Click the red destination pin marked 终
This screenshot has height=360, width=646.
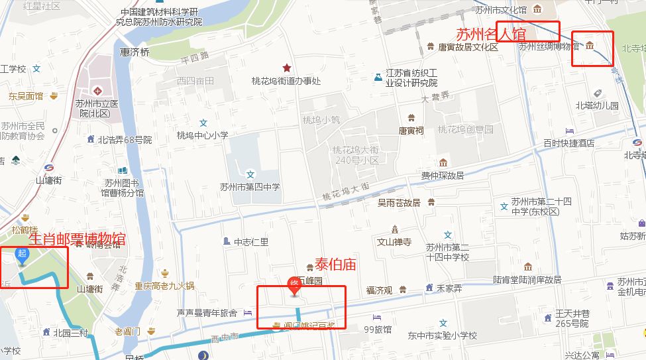click(296, 286)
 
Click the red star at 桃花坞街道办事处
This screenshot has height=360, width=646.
click(286, 68)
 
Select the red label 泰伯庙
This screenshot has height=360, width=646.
click(335, 265)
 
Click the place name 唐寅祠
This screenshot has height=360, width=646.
click(410, 131)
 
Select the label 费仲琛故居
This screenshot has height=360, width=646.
click(443, 176)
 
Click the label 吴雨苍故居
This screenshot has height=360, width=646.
click(399, 203)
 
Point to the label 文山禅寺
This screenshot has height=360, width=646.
click(394, 242)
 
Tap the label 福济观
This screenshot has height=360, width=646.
click(380, 290)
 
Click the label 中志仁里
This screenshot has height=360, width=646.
click(251, 242)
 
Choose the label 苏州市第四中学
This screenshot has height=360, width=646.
click(250, 187)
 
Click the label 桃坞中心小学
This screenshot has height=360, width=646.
click(202, 135)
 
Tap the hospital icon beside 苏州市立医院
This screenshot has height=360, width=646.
click(97, 90)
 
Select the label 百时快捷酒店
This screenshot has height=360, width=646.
click(568, 143)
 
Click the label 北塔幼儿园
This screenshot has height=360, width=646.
click(596, 105)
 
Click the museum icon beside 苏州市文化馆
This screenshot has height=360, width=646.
click(537, 9)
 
